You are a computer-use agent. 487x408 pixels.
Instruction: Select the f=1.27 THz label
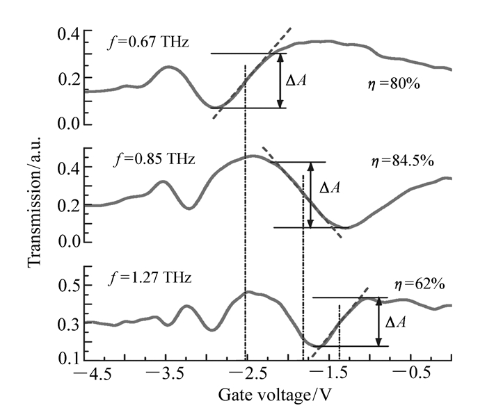tap(154, 279)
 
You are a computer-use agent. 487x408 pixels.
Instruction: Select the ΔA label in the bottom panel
tap(395, 323)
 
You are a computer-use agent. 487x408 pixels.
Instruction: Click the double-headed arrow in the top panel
tap(280, 81)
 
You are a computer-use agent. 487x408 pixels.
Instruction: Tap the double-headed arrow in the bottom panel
tap(378, 322)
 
